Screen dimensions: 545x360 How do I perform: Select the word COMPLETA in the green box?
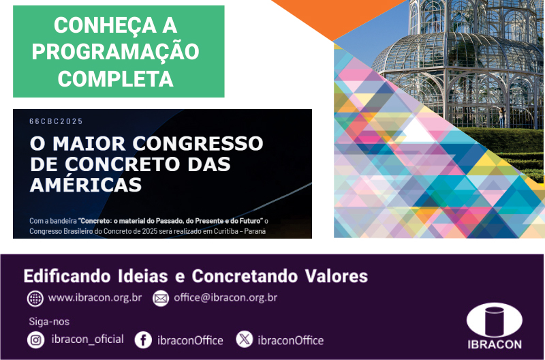tap(115, 79)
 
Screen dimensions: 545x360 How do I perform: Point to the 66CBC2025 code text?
tap(56, 121)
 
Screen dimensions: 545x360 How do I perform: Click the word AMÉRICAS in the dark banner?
tap(86, 185)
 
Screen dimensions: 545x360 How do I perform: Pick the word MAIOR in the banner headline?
tap(89, 144)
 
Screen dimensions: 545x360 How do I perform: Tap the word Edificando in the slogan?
tap(67, 276)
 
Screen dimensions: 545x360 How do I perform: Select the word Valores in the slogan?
tap(337, 276)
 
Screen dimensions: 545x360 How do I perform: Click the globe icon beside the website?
tap(35, 299)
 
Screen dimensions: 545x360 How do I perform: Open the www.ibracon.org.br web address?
tap(95, 298)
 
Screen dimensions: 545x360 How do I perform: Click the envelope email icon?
tap(161, 299)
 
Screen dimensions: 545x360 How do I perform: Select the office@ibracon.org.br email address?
tap(225, 298)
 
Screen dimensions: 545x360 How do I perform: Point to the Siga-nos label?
tap(49, 322)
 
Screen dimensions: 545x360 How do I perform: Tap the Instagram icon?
tap(36, 340)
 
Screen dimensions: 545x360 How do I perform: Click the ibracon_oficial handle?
tap(88, 339)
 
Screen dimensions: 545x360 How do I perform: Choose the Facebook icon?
tap(143, 340)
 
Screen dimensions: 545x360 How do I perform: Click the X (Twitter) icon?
tap(245, 339)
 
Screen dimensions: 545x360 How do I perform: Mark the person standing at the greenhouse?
tap(502, 117)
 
